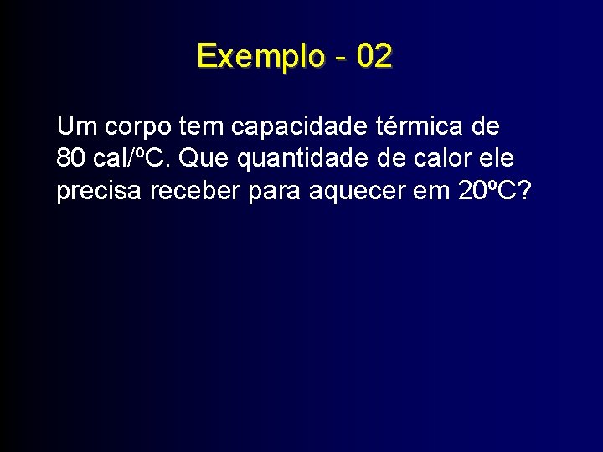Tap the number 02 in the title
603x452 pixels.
click(x=374, y=57)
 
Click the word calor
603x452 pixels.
click(x=455, y=158)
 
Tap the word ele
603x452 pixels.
click(x=500, y=158)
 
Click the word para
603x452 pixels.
click(x=277, y=192)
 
